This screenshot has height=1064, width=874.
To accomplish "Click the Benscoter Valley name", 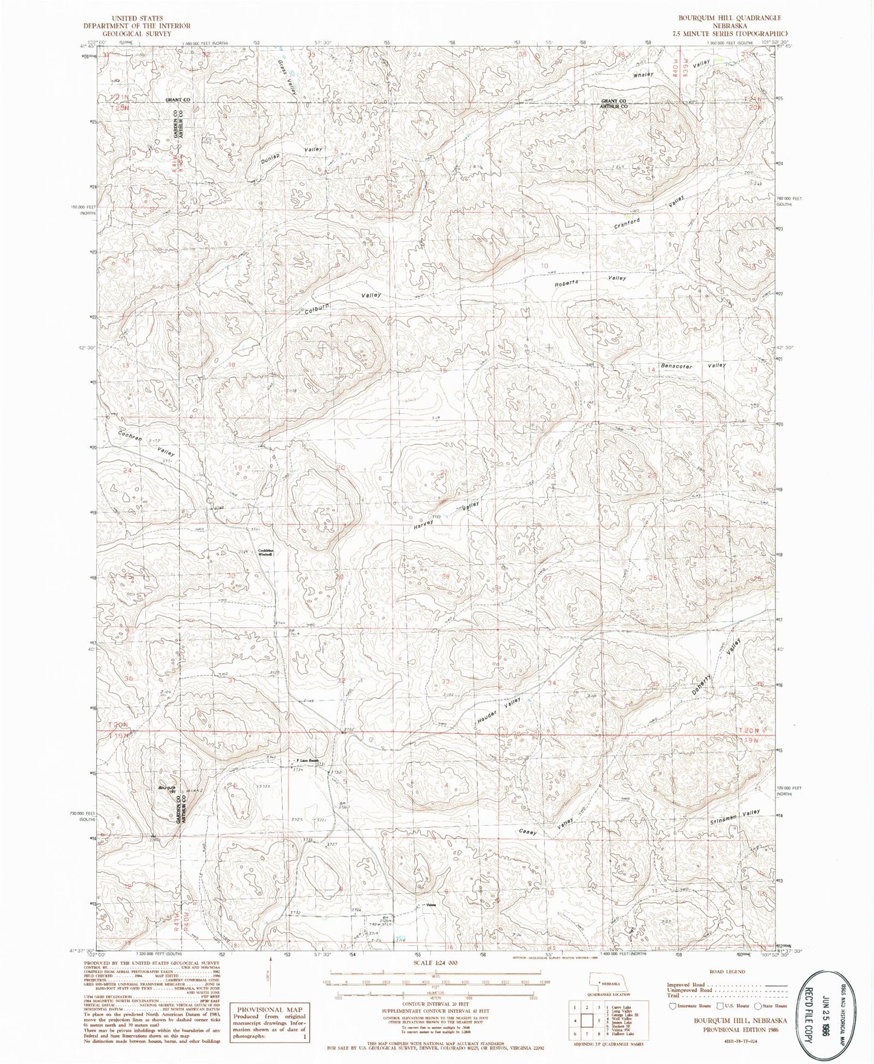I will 693,366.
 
